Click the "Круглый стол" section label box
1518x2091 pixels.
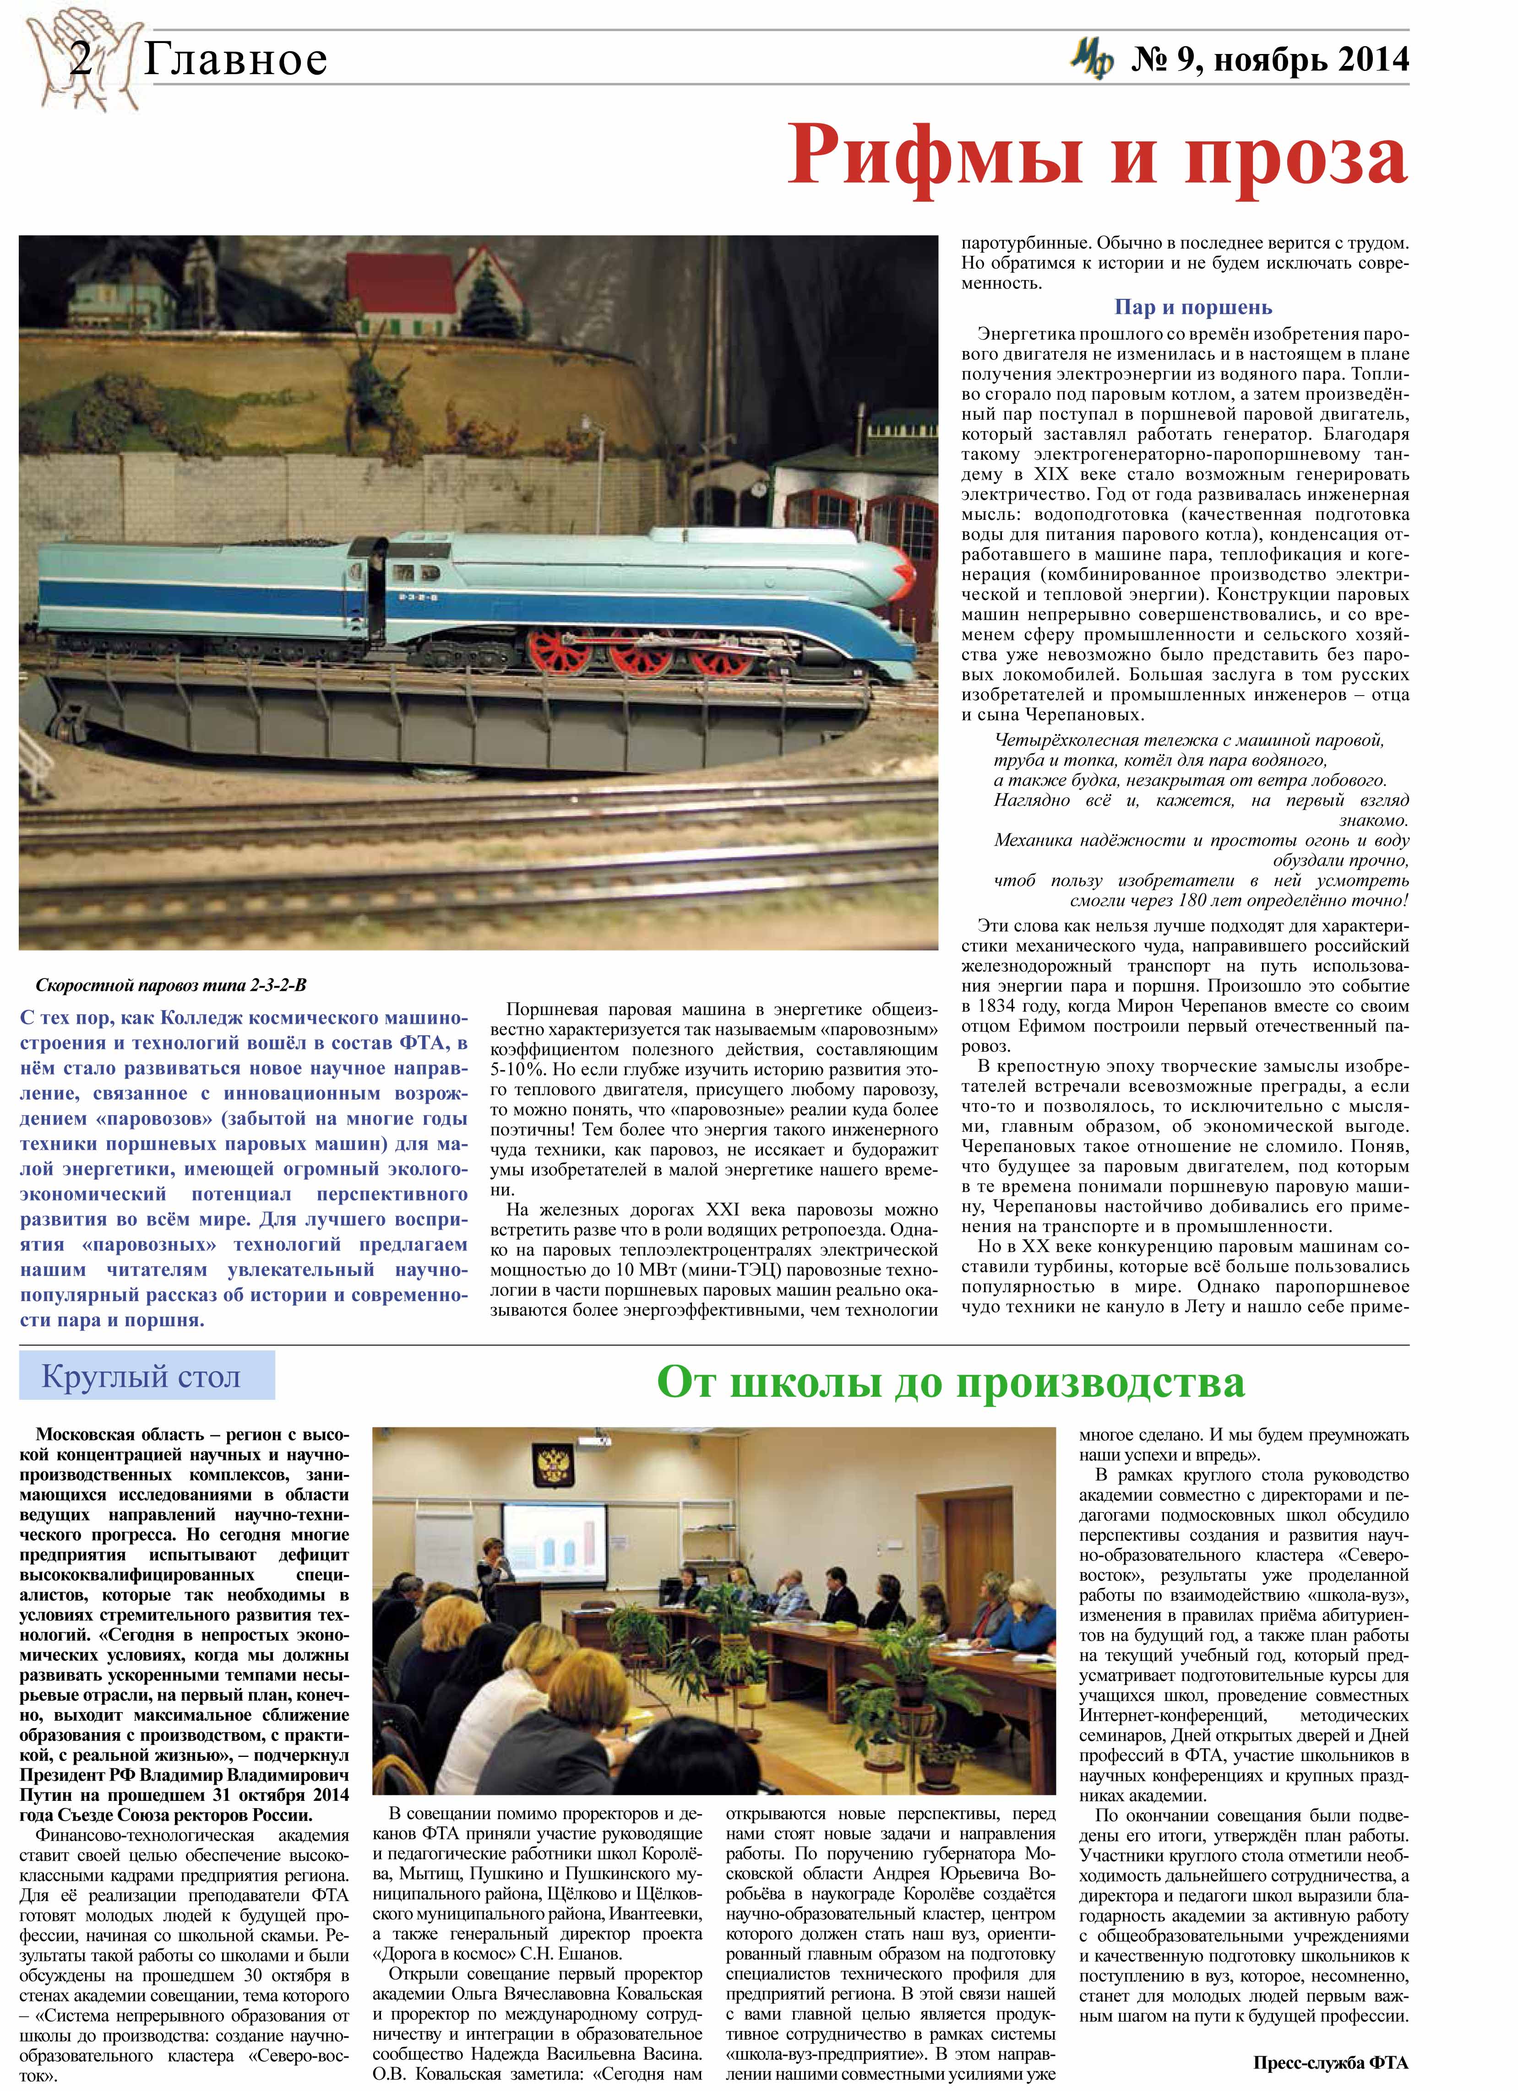(146, 1377)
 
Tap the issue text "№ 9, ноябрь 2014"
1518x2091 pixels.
(1269, 61)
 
